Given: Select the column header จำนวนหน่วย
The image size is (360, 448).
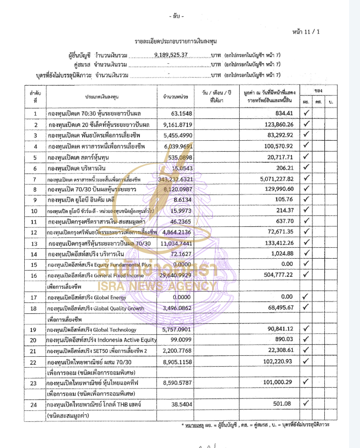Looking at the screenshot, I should click(175, 97).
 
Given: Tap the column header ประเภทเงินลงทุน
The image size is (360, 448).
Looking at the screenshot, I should click(102, 97).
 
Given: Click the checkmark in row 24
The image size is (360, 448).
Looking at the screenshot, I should click(306, 404).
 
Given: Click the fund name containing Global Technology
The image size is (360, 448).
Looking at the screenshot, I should click(92, 330).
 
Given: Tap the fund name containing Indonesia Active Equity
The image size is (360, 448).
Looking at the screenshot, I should click(101, 340).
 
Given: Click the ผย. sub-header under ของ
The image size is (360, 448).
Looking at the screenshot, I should click(306, 102).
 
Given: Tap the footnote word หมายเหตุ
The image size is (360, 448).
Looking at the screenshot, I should click(195, 424).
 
